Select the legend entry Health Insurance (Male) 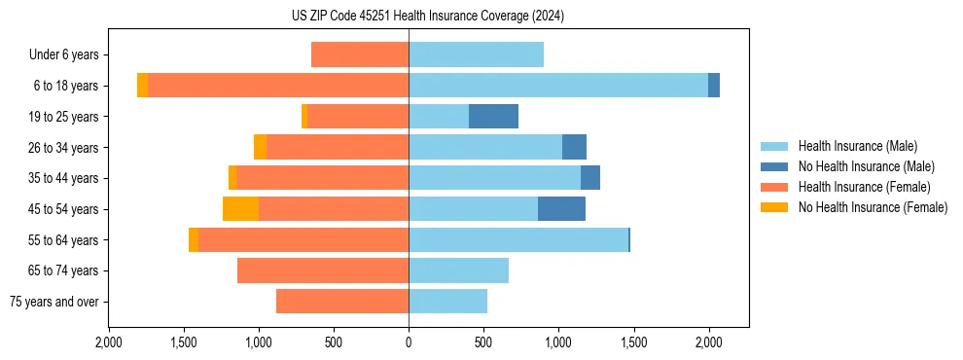[x=857, y=146]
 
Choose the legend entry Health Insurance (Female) [x=864, y=187]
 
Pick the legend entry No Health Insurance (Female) [x=873, y=207]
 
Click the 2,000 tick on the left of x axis [x=109, y=342]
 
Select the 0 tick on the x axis [x=409, y=342]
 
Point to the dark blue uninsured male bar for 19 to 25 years [x=493, y=117]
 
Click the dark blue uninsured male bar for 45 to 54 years [x=561, y=209]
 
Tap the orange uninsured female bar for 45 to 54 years [x=240, y=209]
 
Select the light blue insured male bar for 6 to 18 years [x=558, y=86]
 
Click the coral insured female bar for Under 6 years [x=360, y=55]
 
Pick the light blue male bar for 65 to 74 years [x=458, y=270]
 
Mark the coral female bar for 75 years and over [x=342, y=302]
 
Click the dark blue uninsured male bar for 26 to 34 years [x=574, y=147]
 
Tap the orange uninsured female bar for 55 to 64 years [x=194, y=240]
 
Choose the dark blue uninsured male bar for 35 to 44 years [x=590, y=178]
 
